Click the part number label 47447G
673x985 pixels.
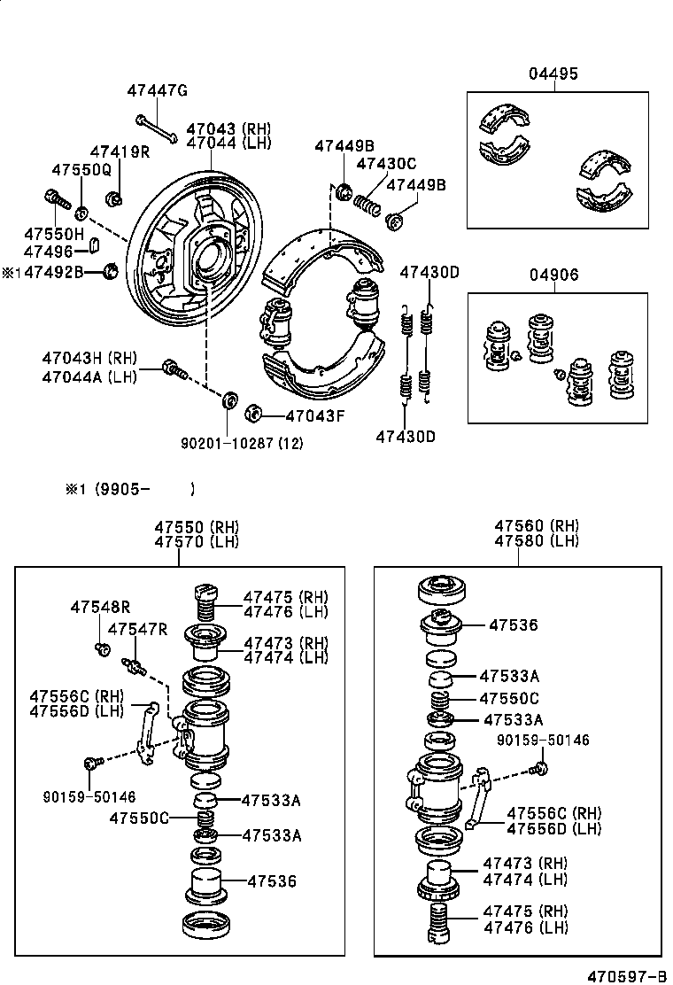coord(157,90)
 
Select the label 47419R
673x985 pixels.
coord(120,151)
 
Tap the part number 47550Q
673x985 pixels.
coord(81,169)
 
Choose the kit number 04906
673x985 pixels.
coord(555,275)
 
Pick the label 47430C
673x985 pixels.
coord(386,164)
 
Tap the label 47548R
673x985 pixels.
coord(100,607)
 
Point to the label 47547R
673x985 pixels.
coord(137,629)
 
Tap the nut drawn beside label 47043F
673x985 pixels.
coord(252,413)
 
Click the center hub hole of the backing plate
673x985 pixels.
coord(210,258)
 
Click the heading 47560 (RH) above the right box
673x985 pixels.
coord(536,525)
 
